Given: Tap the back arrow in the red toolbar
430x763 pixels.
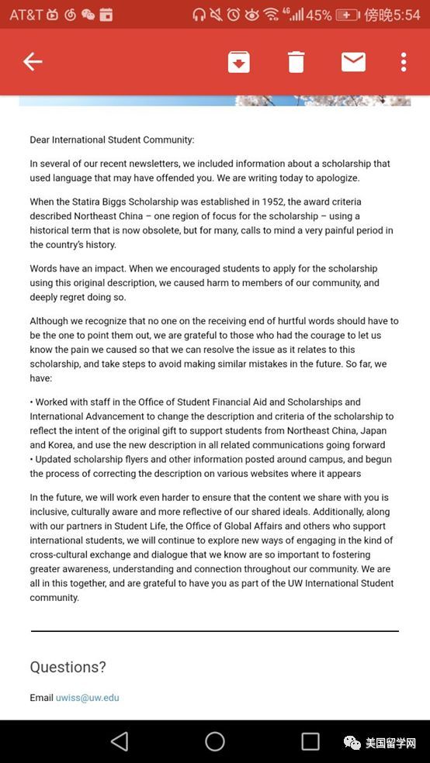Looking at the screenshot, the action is tap(33, 62).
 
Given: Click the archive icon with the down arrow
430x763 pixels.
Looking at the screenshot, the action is tap(238, 62).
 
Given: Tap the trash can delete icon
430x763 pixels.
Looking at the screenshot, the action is tap(296, 62).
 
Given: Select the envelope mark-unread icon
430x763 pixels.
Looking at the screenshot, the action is tap(353, 62).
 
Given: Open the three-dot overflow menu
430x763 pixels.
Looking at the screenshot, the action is tap(404, 62).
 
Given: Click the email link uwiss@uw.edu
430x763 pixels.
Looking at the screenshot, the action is tap(87, 698).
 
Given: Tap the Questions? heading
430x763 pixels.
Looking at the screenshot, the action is tap(68, 667).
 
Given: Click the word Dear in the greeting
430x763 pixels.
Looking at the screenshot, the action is tap(41, 140).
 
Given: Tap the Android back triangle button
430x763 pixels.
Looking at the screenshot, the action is tap(120, 741).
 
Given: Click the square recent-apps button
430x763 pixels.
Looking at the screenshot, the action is tap(310, 741).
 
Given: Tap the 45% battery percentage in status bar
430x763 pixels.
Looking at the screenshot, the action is tap(318, 15).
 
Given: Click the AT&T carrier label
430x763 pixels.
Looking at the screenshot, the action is tap(26, 15).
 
